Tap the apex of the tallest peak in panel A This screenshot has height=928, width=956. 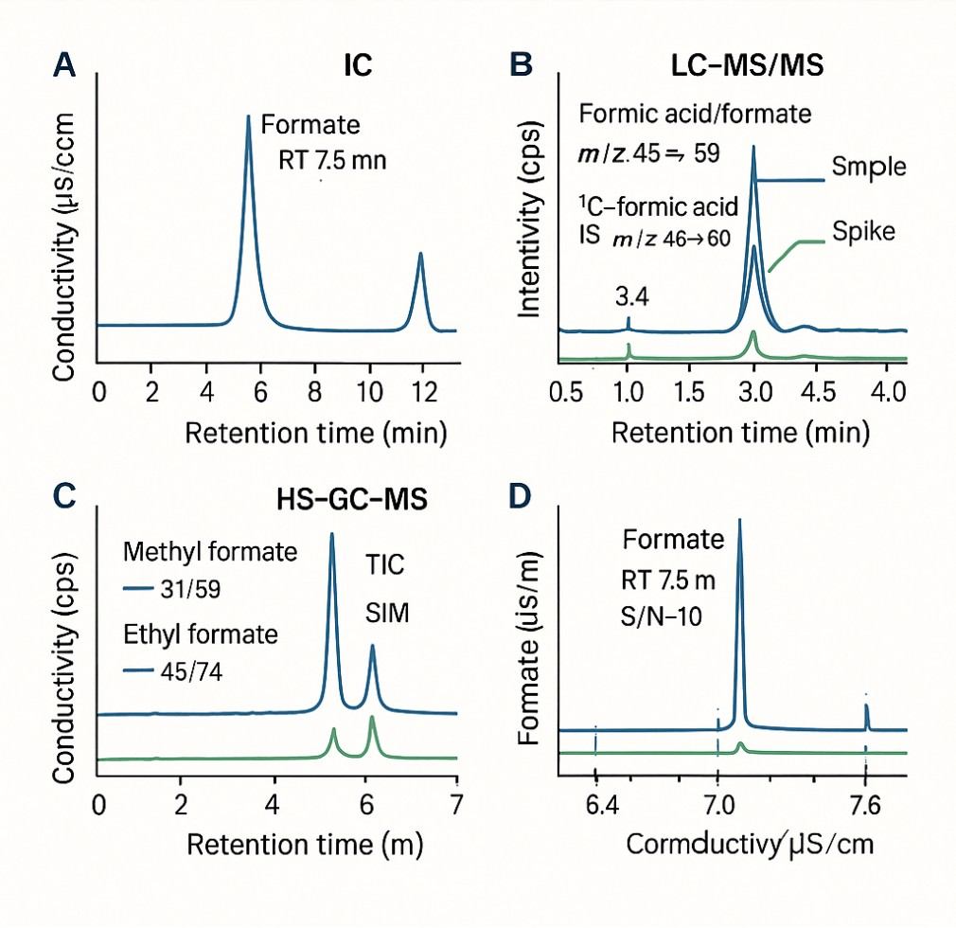point(248,116)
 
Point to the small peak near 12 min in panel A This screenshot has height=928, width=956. point(420,254)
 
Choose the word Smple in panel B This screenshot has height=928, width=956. point(869,168)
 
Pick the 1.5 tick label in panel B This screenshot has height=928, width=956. point(690,392)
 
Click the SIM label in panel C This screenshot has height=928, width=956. point(386,614)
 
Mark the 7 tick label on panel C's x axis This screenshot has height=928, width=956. point(456,803)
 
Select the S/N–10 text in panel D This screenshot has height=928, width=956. point(660,614)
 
